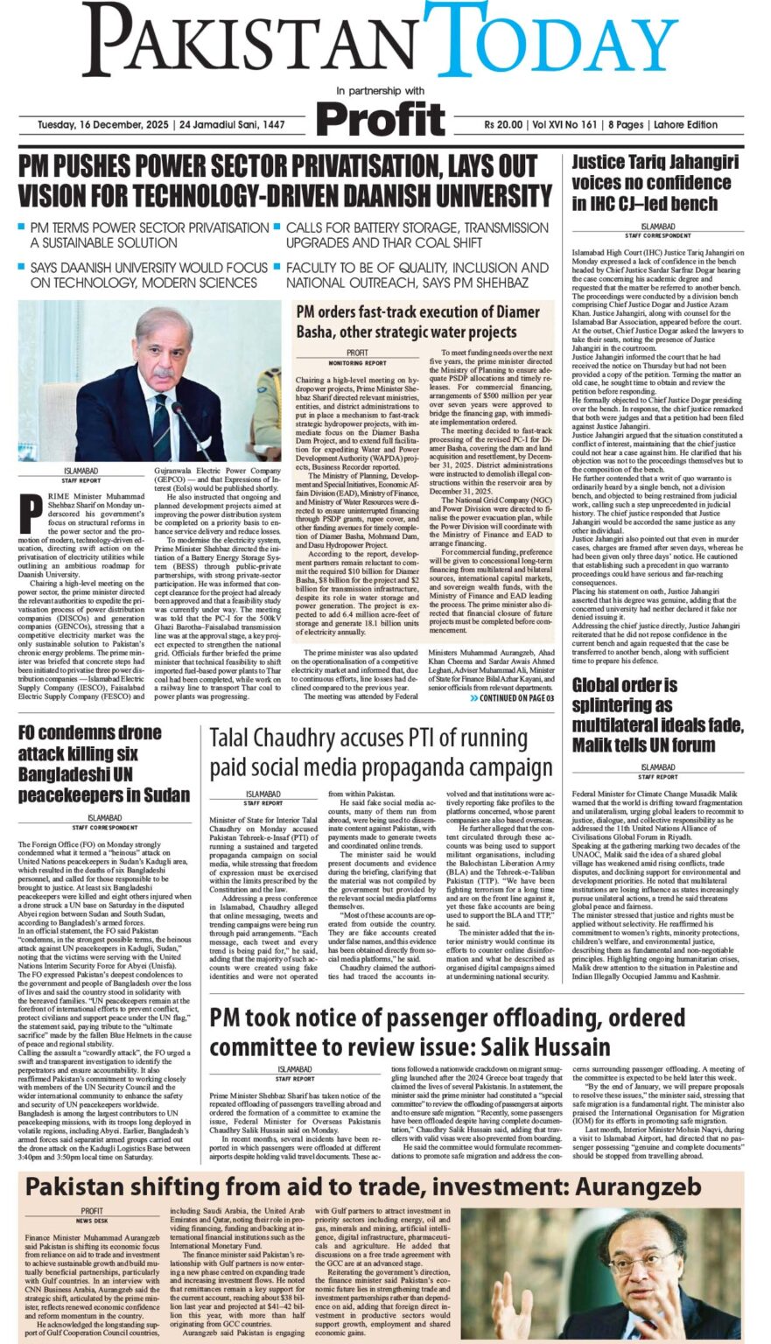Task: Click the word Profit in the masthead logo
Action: (381, 119)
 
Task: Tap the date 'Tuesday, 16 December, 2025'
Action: (97, 125)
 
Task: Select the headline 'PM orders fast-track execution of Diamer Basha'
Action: (417, 321)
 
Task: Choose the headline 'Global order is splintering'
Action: (657, 715)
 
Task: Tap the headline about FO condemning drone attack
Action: (103, 764)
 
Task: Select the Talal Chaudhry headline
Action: (381, 752)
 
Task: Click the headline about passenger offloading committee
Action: (447, 1032)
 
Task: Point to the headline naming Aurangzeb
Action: (363, 1186)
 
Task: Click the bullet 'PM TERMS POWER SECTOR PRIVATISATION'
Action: (149, 234)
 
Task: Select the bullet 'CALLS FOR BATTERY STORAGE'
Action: (417, 234)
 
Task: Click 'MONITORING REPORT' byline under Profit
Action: (357, 362)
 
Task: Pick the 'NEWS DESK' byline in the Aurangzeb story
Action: (92, 1220)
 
